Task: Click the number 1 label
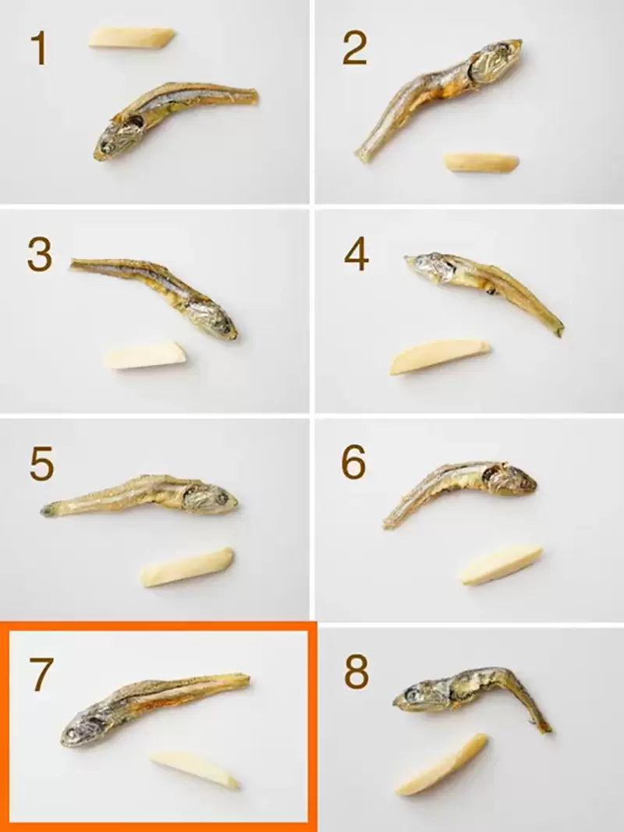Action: click(38, 48)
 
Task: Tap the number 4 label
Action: click(356, 255)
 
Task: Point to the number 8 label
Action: click(356, 672)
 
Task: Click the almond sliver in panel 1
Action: click(131, 37)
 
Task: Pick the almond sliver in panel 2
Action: click(481, 162)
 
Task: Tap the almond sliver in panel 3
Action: click(146, 356)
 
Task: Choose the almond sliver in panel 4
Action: click(440, 356)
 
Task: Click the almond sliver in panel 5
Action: click(186, 567)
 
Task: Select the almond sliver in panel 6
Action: click(501, 564)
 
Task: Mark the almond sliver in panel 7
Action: click(194, 769)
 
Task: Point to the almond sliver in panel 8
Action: click(441, 764)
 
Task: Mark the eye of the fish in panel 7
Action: click(76, 733)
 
